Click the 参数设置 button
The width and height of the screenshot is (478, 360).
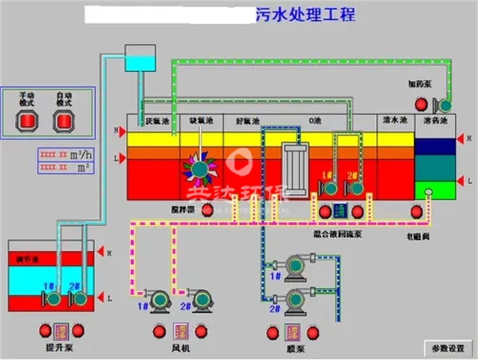pyautogui.click(x=448, y=348)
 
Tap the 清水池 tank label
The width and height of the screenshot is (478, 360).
pyautogui.click(x=395, y=121)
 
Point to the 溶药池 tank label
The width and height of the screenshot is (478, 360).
pyautogui.click(x=436, y=121)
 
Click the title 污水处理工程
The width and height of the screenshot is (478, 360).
pyautogui.click(x=305, y=15)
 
